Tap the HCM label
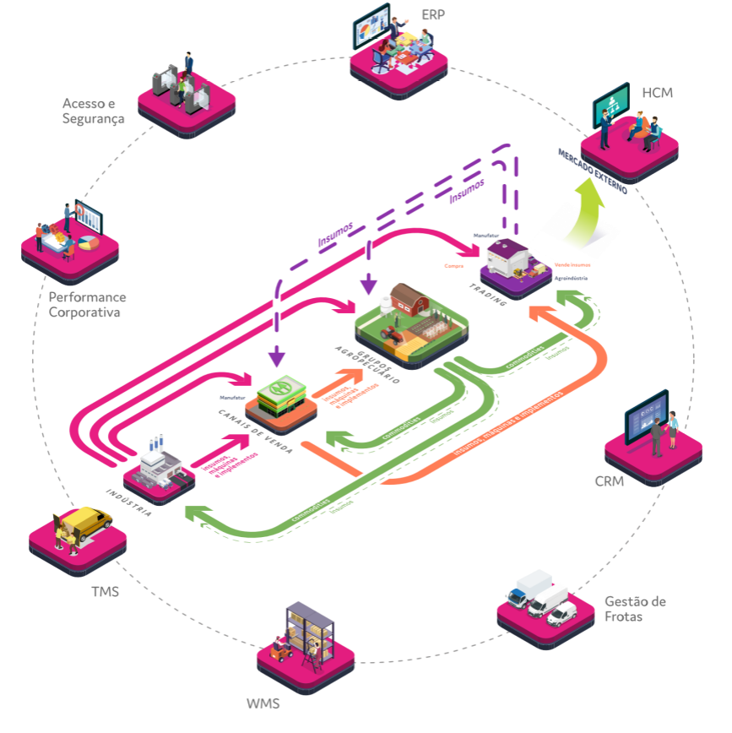[x=657, y=92]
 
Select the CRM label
[x=609, y=481]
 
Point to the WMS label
[x=263, y=703]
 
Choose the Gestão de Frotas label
[x=635, y=609]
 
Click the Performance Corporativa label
[x=87, y=305]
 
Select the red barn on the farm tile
[x=412, y=300]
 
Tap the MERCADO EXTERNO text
[x=591, y=171]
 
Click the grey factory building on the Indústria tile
[x=160, y=464]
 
